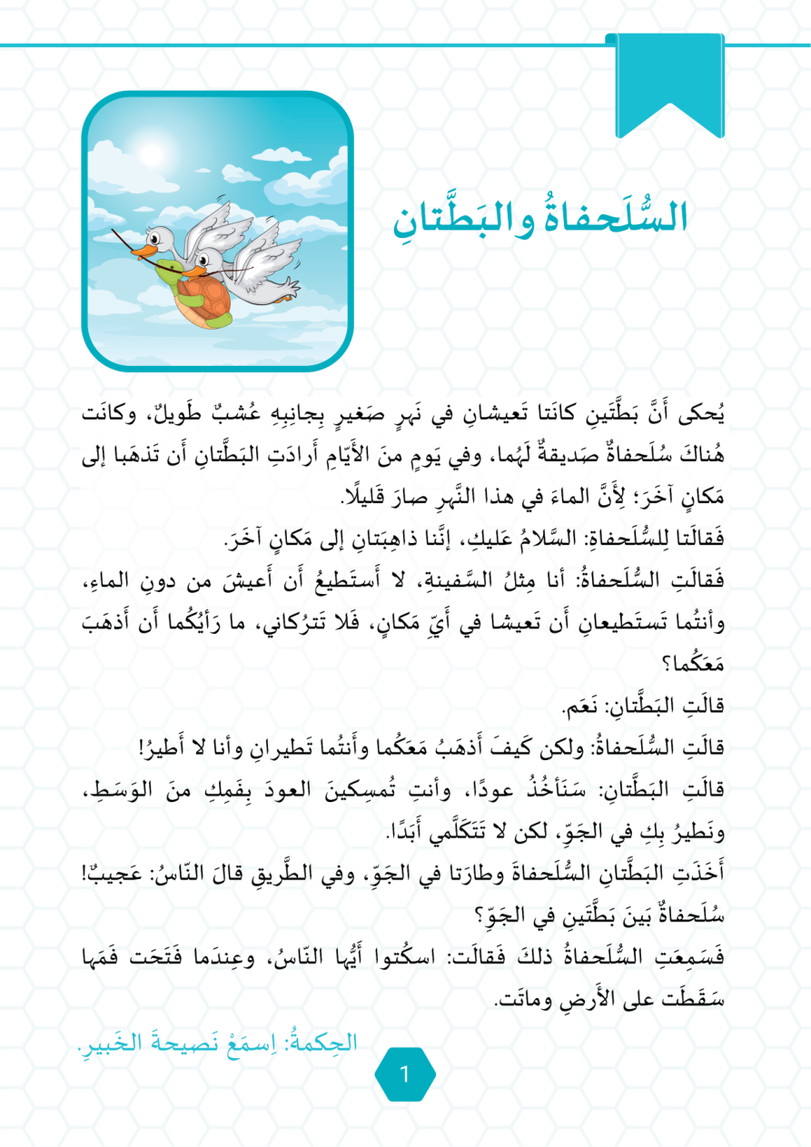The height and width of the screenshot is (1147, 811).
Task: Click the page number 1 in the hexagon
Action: pyautogui.click(x=405, y=1073)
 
